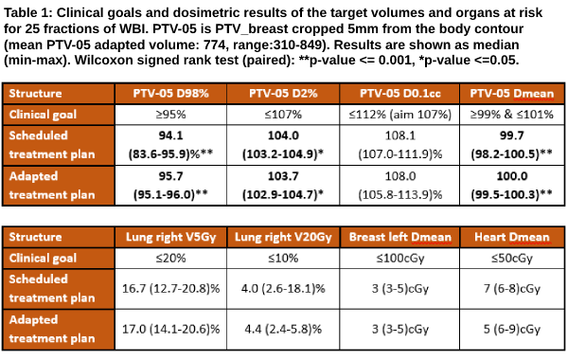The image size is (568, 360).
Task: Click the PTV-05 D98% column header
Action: tap(170, 94)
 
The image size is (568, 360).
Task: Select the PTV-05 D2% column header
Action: tap(283, 94)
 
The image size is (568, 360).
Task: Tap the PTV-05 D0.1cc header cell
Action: tap(399, 94)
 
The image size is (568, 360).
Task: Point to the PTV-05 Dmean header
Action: tap(512, 94)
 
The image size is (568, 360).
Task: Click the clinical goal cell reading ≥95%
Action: tap(170, 115)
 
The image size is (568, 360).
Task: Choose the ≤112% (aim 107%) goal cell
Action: tap(399, 115)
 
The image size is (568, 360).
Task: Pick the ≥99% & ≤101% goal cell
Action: tap(512, 115)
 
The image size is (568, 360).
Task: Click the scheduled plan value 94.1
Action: tap(170, 135)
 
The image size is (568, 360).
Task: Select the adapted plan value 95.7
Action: tap(170, 176)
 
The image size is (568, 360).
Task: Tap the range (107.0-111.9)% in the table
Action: tap(399, 154)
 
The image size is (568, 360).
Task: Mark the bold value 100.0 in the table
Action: tap(512, 176)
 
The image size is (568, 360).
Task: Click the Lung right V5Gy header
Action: tap(170, 237)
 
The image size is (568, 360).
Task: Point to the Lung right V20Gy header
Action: tap(283, 237)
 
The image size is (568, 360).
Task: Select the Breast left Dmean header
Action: tap(399, 237)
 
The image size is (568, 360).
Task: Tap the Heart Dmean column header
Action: tap(512, 237)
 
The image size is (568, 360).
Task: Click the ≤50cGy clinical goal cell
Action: tap(512, 258)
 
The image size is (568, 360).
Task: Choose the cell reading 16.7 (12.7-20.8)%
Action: tap(170, 289)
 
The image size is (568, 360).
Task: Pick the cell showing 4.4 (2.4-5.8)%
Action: tap(283, 329)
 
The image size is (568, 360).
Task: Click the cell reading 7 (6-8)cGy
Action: tap(512, 289)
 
